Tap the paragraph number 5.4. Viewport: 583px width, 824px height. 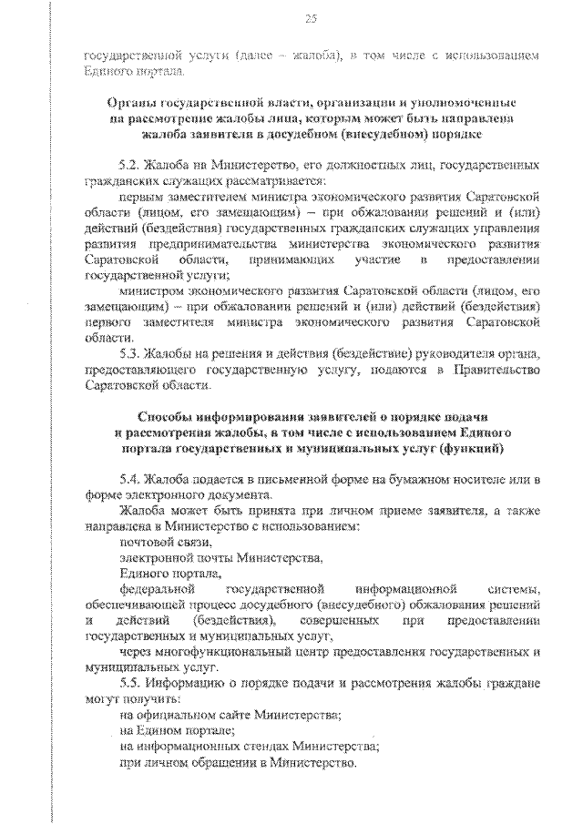coord(130,479)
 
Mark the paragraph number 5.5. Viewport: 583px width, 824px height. coord(130,683)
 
